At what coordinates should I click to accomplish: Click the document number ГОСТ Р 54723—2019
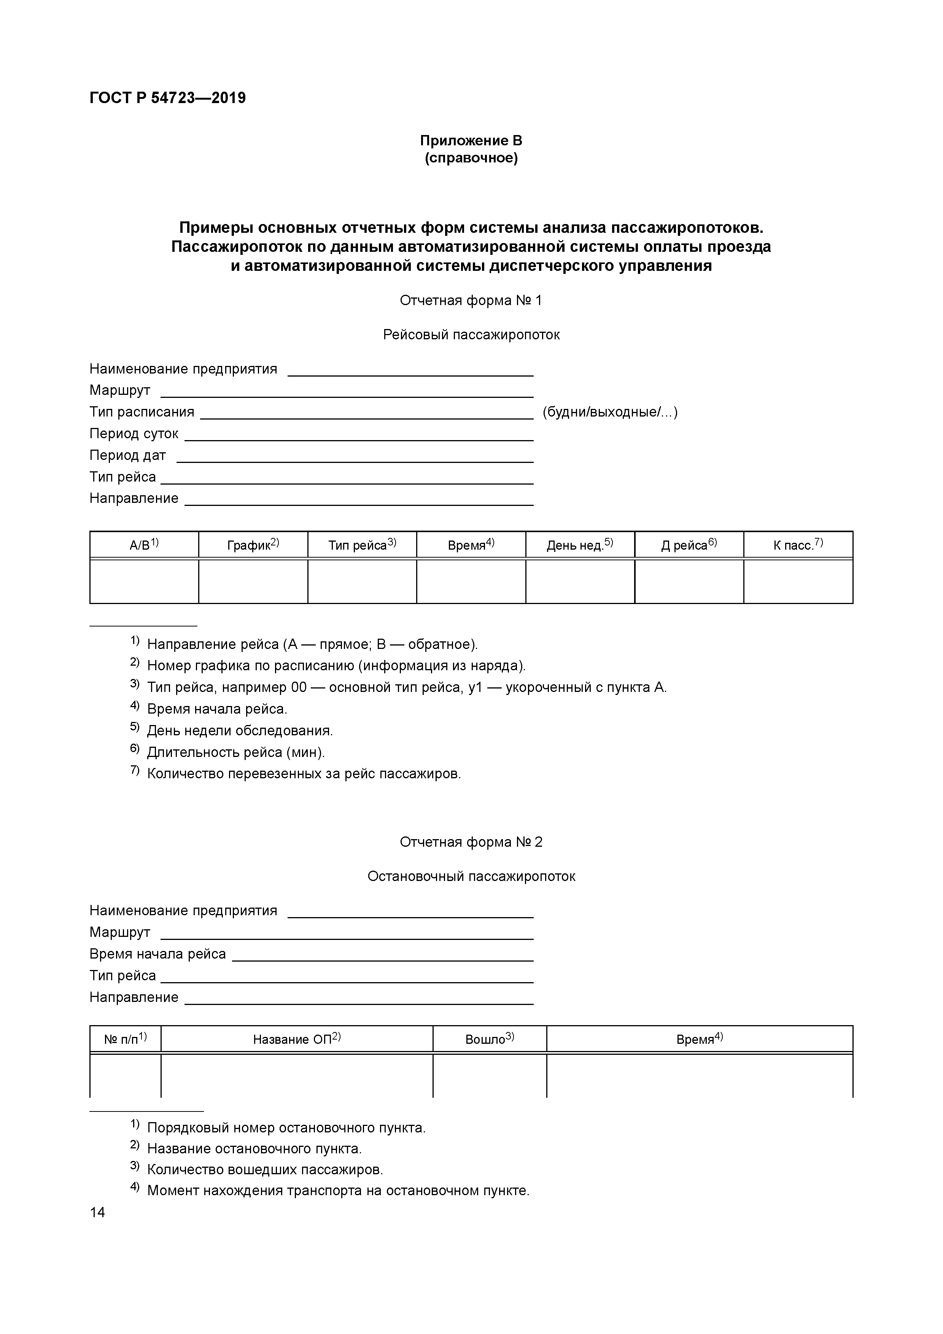[x=167, y=98]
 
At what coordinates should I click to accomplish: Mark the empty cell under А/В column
[x=144, y=581]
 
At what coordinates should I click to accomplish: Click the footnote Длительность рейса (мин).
[x=235, y=752]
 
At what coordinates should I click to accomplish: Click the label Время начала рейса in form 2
[x=157, y=954]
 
